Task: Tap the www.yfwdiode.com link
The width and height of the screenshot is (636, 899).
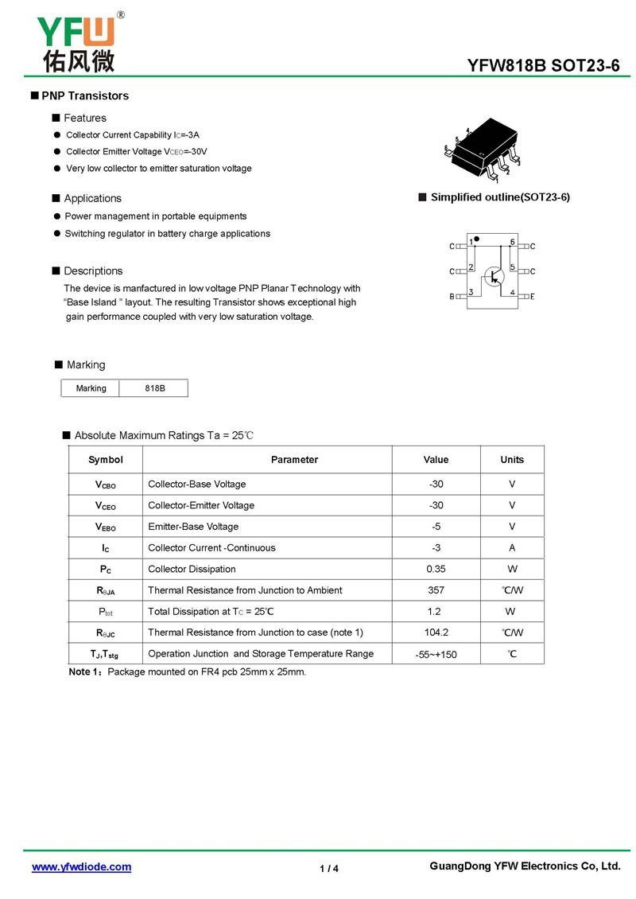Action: pyautogui.click(x=81, y=866)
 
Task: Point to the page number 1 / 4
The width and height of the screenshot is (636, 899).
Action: pyautogui.click(x=329, y=868)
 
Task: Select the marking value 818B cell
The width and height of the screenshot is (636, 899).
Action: pyautogui.click(x=155, y=388)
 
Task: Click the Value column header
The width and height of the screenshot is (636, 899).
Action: pyautogui.click(x=436, y=460)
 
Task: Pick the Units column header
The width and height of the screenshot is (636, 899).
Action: pyautogui.click(x=512, y=460)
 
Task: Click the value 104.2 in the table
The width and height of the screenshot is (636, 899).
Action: pyautogui.click(x=436, y=632)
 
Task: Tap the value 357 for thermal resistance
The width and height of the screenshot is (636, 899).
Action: pyautogui.click(x=436, y=590)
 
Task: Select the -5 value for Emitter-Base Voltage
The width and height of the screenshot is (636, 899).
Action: pyautogui.click(x=436, y=527)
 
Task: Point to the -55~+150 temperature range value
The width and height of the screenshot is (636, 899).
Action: pyautogui.click(x=436, y=655)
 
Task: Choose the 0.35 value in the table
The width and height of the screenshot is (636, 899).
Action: pyautogui.click(x=436, y=569)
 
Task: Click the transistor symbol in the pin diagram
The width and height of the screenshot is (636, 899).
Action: pyautogui.click(x=494, y=276)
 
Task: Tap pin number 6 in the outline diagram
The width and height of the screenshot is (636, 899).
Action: pyautogui.click(x=513, y=242)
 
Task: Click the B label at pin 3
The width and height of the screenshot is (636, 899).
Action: pyautogui.click(x=452, y=297)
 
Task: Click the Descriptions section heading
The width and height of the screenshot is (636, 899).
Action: pyautogui.click(x=93, y=270)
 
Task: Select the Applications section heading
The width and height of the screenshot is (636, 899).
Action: pyautogui.click(x=92, y=198)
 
